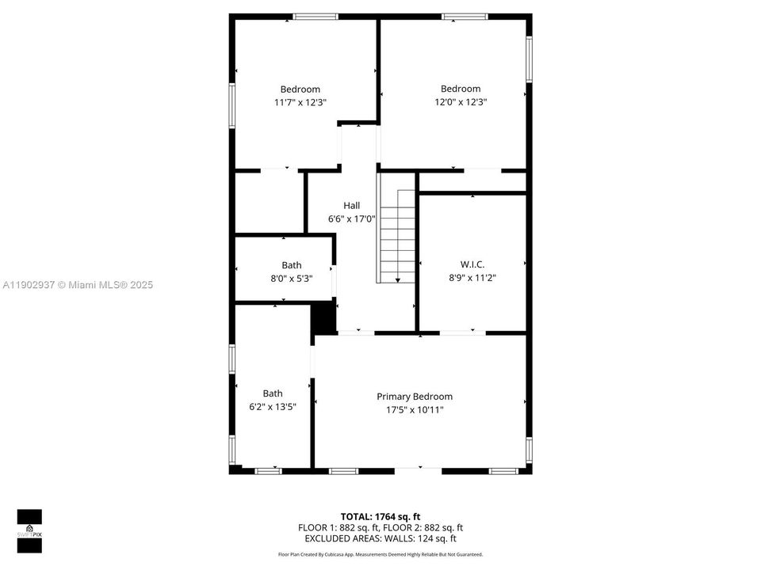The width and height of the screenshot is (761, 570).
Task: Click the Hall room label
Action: click(x=351, y=205)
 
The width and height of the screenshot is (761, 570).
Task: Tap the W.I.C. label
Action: click(x=472, y=264)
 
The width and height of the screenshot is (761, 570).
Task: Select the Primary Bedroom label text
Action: click(x=415, y=397)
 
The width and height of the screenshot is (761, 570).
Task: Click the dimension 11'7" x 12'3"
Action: click(x=300, y=102)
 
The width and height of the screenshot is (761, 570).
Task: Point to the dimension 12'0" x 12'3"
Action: click(x=461, y=101)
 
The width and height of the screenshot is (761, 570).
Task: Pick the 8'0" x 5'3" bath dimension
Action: click(x=292, y=278)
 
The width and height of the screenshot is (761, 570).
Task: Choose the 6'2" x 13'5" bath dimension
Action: click(x=273, y=406)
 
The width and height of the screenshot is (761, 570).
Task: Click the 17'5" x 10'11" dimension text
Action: click(x=415, y=409)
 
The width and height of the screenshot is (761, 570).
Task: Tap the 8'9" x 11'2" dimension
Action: click(x=472, y=277)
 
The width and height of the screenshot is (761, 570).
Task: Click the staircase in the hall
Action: click(x=397, y=234)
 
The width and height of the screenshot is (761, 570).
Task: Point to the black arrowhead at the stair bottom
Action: click(x=397, y=279)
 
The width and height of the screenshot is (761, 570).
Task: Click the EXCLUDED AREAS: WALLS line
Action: click(x=380, y=538)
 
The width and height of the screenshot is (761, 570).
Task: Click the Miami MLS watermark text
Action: click(x=78, y=285)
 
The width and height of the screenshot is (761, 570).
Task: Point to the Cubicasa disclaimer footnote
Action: click(x=380, y=555)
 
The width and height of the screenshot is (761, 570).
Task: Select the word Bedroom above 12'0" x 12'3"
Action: click(x=461, y=89)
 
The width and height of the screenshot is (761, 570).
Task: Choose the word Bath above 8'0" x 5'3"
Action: click(x=292, y=265)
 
